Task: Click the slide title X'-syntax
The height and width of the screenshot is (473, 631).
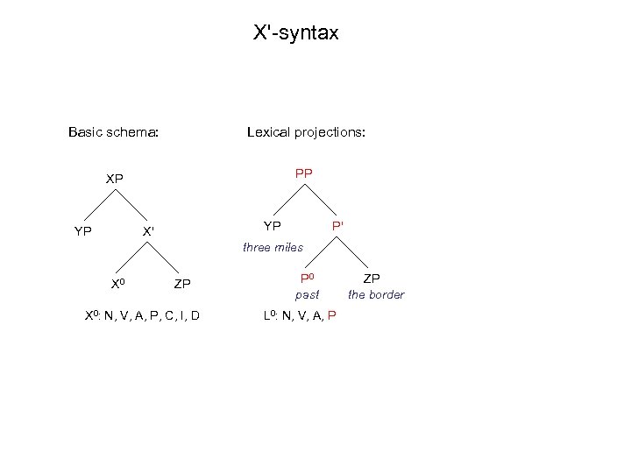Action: click(x=295, y=34)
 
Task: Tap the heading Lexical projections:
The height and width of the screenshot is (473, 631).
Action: click(x=306, y=133)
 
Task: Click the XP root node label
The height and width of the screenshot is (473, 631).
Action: click(x=115, y=179)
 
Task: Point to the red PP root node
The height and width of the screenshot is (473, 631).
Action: click(x=303, y=173)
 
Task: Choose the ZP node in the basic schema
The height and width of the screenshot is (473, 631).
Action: click(x=182, y=284)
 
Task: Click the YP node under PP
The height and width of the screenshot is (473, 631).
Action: click(x=272, y=226)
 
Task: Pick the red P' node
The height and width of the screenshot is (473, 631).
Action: click(x=337, y=226)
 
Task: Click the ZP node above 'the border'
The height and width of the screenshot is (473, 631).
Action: click(x=372, y=278)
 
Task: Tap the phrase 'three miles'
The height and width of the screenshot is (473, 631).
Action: click(x=273, y=248)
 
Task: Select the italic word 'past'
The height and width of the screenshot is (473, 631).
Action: click(x=307, y=295)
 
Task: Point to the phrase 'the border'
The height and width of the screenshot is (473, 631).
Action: click(x=375, y=295)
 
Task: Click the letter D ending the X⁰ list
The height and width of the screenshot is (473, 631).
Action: click(x=195, y=316)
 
